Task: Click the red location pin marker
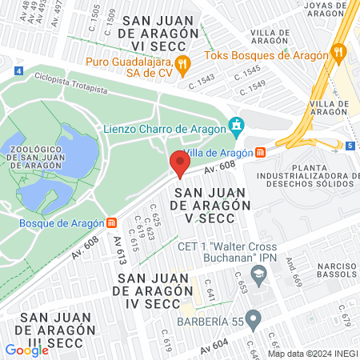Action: (x=179, y=165)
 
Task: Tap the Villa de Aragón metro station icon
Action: (x=261, y=153)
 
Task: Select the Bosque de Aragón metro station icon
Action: (x=111, y=222)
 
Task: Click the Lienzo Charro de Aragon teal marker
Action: (x=235, y=126)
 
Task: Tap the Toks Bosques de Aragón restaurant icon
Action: (x=340, y=55)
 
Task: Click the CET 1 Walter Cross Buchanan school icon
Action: (x=258, y=274)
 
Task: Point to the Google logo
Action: (x=26, y=350)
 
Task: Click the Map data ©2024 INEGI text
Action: (x=311, y=354)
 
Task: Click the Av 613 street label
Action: (x=120, y=250)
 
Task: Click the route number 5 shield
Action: (x=350, y=146)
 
